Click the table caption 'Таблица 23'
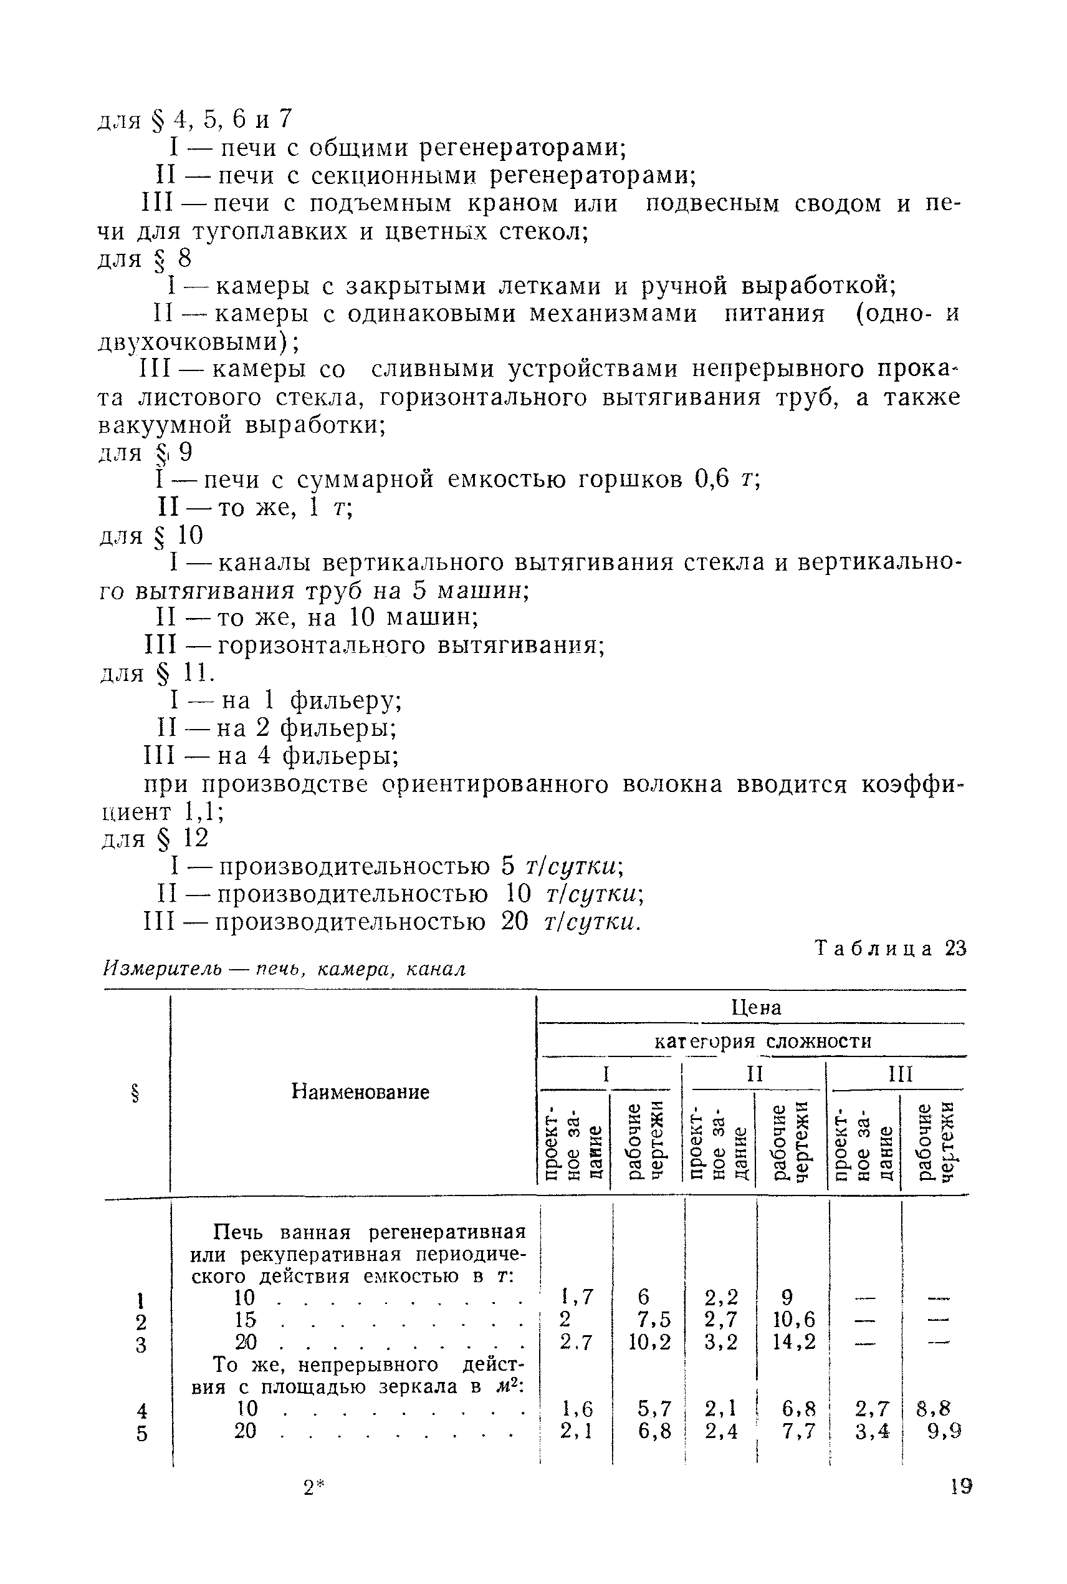click(891, 949)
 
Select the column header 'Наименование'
click(360, 1093)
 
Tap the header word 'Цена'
click(756, 1007)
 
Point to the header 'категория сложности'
click(762, 1041)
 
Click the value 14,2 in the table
click(794, 1341)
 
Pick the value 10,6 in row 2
click(794, 1320)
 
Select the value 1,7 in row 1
click(577, 1297)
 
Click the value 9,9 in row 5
click(944, 1431)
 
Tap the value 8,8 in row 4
click(933, 1408)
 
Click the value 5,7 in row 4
click(654, 1408)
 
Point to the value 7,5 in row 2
click(654, 1320)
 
